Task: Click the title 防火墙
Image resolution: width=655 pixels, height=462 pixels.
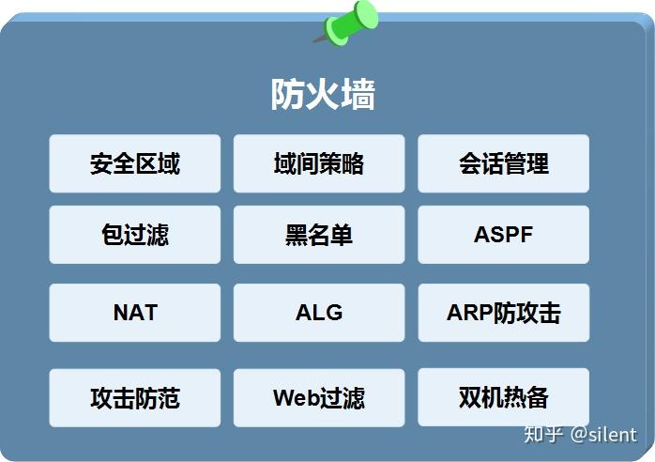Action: click(x=323, y=95)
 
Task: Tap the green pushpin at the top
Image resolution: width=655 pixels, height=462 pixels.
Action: click(x=351, y=22)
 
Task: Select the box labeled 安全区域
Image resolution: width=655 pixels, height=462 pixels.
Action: click(x=135, y=163)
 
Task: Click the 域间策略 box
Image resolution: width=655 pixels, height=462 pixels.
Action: click(x=319, y=163)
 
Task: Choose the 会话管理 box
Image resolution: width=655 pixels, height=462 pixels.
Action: click(x=503, y=163)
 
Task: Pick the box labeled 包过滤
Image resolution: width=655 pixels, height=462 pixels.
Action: click(x=135, y=235)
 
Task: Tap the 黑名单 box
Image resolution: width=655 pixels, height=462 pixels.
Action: click(x=319, y=235)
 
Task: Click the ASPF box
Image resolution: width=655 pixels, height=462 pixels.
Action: click(x=503, y=235)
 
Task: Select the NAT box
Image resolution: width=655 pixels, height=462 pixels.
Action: click(x=135, y=313)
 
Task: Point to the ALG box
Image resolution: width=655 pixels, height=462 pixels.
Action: click(x=319, y=313)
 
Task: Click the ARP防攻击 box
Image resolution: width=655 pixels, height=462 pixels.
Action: click(x=503, y=313)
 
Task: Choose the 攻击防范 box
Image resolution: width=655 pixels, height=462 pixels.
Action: click(x=135, y=397)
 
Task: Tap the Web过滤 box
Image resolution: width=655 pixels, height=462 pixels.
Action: click(x=319, y=397)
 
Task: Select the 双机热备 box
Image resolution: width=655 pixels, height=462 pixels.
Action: click(x=503, y=397)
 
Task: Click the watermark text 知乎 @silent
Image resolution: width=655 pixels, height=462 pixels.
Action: click(x=579, y=434)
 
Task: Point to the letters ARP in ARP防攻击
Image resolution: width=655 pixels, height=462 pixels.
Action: click(x=469, y=313)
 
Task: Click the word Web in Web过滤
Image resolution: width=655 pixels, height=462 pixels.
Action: click(x=295, y=397)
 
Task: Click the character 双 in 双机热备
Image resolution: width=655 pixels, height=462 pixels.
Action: click(x=470, y=397)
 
